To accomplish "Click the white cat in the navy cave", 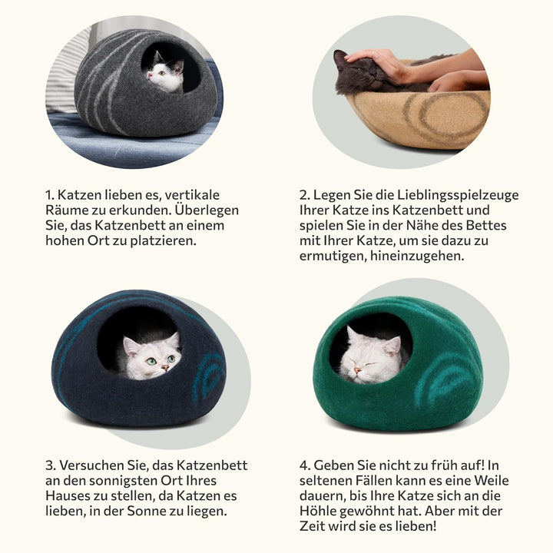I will (x=151, y=356).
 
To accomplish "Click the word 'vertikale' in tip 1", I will (x=190, y=194).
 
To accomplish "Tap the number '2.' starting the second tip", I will (x=304, y=194).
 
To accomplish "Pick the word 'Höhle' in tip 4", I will (x=320, y=511).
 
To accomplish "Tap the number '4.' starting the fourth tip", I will (x=305, y=465).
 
